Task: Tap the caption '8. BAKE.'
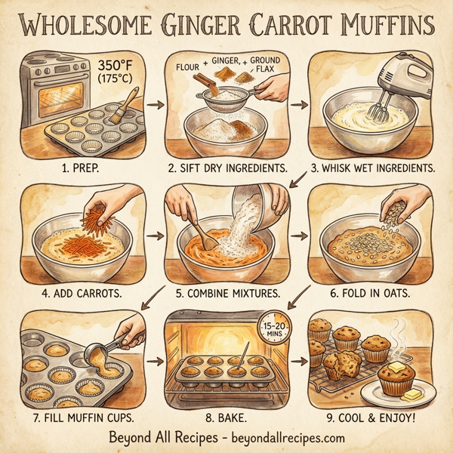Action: pyautogui.click(x=226, y=413)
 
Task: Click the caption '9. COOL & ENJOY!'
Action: pyautogui.click(x=375, y=413)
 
